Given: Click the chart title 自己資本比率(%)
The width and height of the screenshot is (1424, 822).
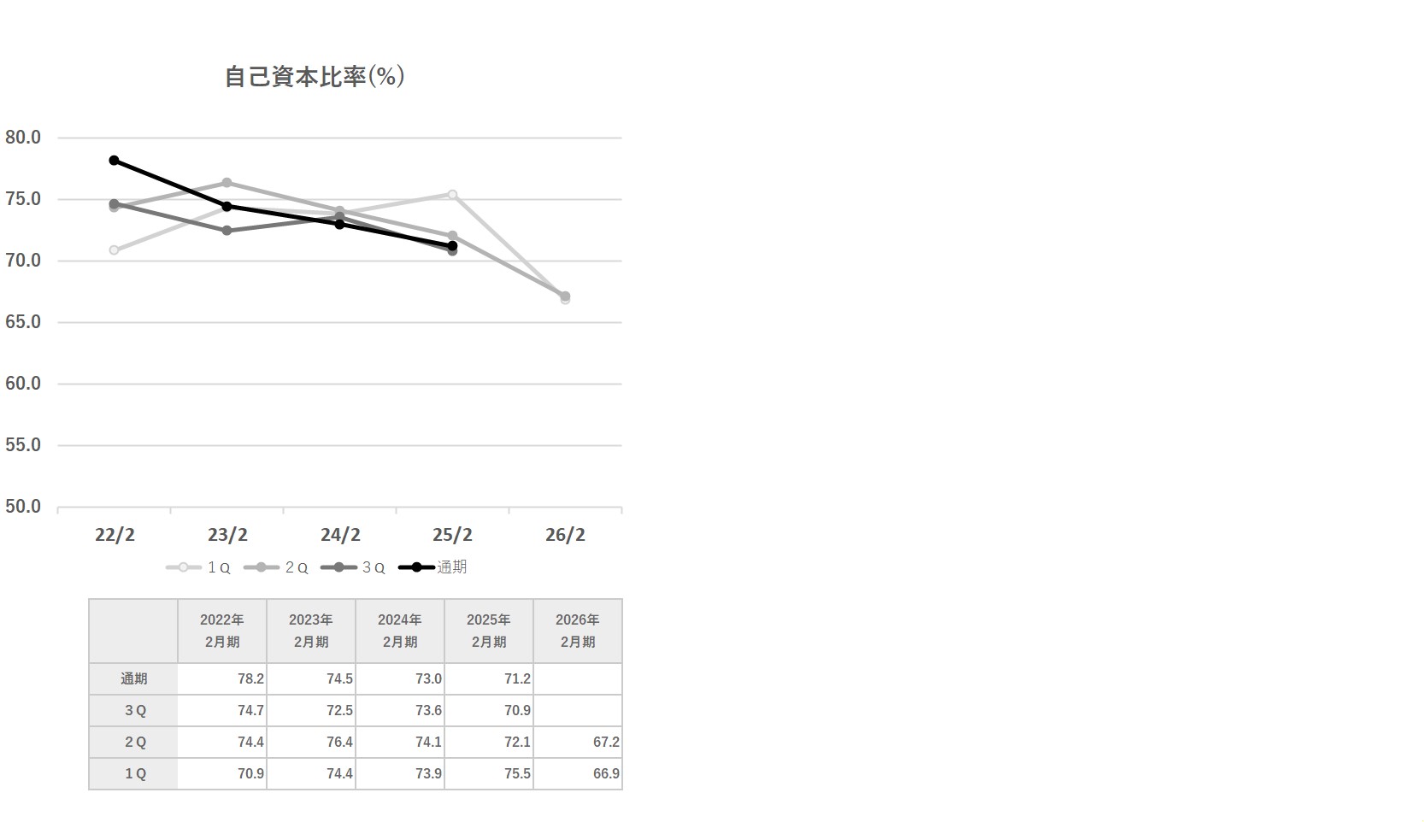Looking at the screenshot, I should point(315,77).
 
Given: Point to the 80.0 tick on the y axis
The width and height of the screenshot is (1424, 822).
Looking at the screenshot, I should point(23,138).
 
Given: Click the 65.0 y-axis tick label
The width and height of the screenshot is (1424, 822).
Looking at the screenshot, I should point(23,322).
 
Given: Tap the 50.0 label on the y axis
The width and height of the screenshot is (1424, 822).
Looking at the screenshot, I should point(23,507).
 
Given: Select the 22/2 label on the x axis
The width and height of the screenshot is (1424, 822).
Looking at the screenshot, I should point(115,535).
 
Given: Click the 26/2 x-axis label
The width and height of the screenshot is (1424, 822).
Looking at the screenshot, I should point(565,535).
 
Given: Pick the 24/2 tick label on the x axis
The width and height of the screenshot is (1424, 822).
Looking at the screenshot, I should point(340,535).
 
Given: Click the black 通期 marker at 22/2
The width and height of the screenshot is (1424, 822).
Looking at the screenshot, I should point(115,161).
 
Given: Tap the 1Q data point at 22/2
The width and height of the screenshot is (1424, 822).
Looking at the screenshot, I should point(115,250).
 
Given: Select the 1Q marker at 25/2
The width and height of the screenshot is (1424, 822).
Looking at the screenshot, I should point(452,195).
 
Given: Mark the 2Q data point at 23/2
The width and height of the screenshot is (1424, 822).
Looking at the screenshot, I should point(227,183).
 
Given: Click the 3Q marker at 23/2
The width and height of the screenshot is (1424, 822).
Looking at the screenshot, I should point(227,231).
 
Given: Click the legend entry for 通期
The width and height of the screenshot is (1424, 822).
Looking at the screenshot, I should point(436,567).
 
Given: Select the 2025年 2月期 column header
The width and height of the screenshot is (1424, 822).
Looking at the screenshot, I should point(488,631).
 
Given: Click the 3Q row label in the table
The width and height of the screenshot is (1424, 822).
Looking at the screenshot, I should point(134,710).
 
